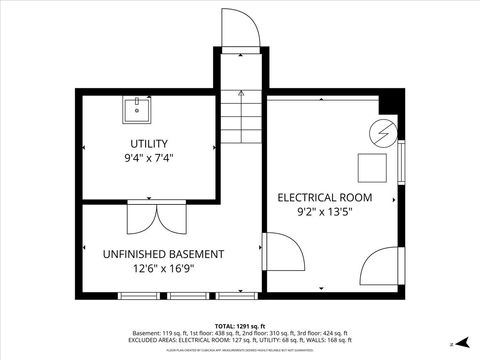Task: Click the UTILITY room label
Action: [x=149, y=143]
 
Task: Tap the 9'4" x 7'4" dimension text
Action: [x=149, y=158]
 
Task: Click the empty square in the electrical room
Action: [x=373, y=166]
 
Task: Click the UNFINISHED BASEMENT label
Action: [x=156, y=254]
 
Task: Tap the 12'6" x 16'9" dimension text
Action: [x=156, y=269]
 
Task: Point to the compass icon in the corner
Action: [x=463, y=343]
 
